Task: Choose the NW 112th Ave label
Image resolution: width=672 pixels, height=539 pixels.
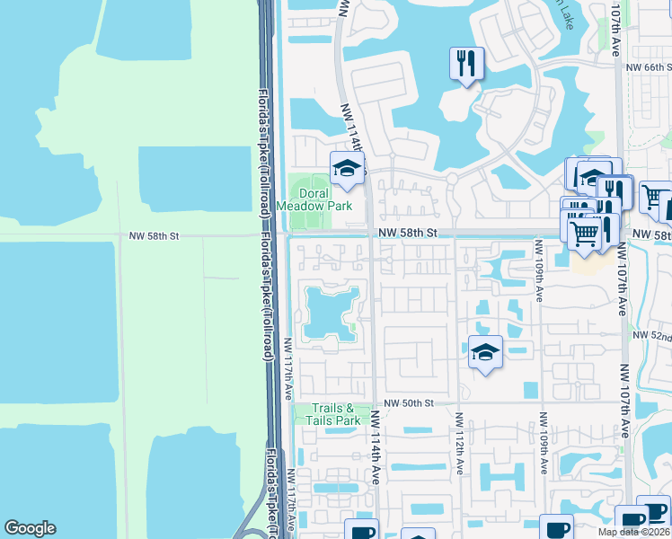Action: pyautogui.click(x=459, y=444)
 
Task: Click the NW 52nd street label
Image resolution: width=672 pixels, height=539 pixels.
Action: pyautogui.click(x=653, y=335)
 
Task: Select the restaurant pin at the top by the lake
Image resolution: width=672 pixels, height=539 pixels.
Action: pyautogui.click(x=466, y=64)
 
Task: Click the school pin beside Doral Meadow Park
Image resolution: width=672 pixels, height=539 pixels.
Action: pyautogui.click(x=347, y=167)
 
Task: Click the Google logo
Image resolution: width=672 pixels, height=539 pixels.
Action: pyautogui.click(x=30, y=528)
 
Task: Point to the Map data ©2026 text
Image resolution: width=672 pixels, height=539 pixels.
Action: pyautogui.click(x=633, y=532)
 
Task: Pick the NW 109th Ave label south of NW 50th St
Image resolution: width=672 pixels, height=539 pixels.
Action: pyautogui.click(x=544, y=443)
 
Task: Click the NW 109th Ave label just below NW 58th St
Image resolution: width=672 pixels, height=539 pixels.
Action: pyautogui.click(x=538, y=269)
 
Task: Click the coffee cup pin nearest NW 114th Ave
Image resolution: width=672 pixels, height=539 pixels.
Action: pyautogui.click(x=362, y=530)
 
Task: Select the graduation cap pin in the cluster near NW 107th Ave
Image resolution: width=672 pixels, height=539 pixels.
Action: pyautogui.click(x=593, y=176)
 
